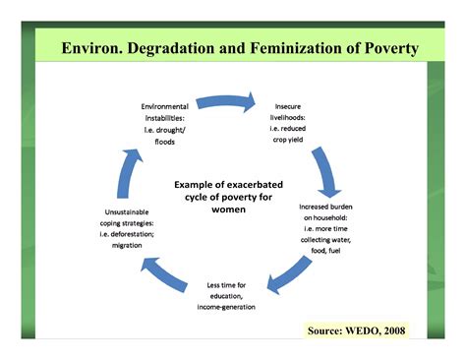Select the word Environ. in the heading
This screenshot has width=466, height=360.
[94, 48]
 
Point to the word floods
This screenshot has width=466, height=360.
[165, 142]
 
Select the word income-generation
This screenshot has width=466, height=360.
[226, 306]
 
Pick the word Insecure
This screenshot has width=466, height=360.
[294, 104]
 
